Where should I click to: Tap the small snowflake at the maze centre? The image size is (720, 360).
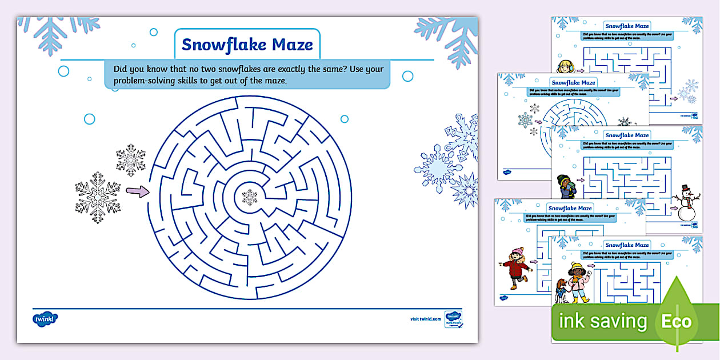point(250,197)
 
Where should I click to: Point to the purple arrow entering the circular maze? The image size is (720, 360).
point(137,192)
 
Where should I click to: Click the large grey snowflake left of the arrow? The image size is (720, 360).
point(98,197)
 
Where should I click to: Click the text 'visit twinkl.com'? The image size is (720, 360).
point(426,319)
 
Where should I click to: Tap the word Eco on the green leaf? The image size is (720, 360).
point(676,321)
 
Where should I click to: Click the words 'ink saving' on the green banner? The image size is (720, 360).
point(602,321)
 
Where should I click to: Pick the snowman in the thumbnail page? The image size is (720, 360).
point(686,203)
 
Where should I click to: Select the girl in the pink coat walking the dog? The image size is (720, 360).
point(578,281)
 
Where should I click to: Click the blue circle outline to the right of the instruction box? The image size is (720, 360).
point(407,76)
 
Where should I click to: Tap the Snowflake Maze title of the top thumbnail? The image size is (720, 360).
point(627,26)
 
